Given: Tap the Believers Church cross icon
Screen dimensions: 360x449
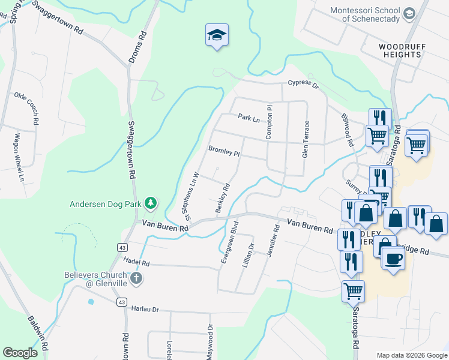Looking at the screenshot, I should tap(137, 277).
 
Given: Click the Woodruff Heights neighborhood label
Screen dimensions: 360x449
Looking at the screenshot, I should tap(400, 50).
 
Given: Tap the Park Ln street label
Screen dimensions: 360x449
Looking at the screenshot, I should tap(249, 118).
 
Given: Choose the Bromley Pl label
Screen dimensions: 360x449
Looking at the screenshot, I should tap(224, 151).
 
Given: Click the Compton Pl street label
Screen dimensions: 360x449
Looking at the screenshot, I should tap(270, 122).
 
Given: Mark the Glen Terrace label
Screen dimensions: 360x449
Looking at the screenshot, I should tap(306, 139).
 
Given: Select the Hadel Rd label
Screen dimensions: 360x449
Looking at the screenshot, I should tap(136, 262).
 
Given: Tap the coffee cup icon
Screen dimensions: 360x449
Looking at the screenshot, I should tap(393, 259).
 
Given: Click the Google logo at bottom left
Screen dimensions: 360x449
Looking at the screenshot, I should tap(20, 352).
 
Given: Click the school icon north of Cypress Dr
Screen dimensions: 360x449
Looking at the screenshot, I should tap(217, 35).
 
